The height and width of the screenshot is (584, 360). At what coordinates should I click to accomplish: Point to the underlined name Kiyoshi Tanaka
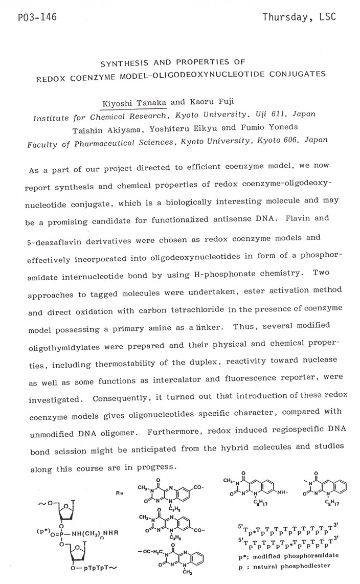click(x=134, y=103)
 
